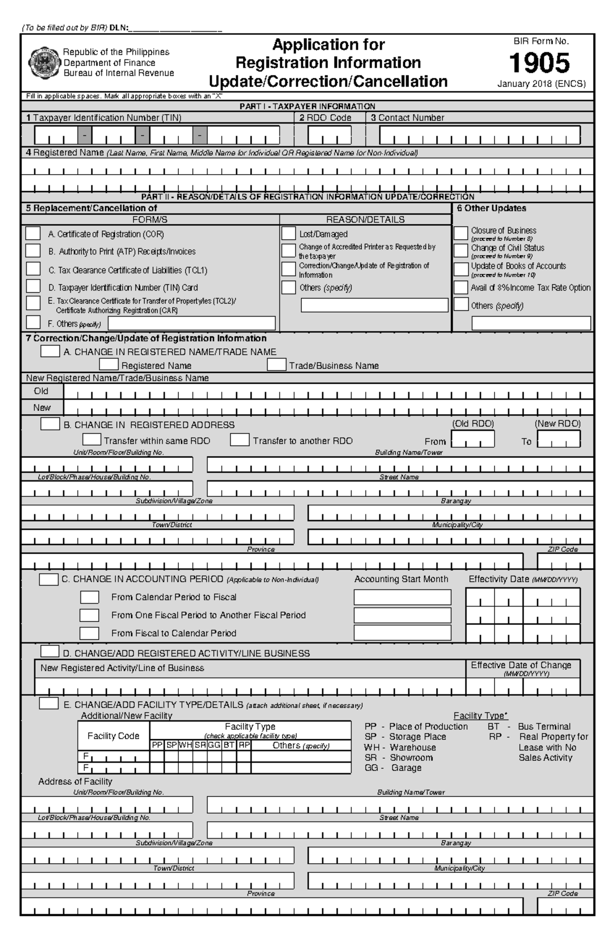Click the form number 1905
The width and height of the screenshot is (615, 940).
tap(539, 64)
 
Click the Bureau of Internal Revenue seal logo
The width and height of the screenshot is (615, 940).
tap(44, 62)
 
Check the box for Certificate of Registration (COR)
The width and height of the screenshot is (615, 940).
tap(33, 234)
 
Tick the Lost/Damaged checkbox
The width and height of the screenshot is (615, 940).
tap(289, 234)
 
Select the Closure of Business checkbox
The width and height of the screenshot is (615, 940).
tap(461, 233)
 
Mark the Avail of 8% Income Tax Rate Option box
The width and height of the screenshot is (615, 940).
tap(461, 287)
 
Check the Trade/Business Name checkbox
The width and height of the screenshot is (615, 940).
tap(276, 365)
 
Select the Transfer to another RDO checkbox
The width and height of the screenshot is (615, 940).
tap(239, 440)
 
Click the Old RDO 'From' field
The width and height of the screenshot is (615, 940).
tap(473, 440)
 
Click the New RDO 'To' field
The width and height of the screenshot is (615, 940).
tap(559, 440)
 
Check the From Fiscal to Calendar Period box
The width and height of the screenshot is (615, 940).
tap(89, 633)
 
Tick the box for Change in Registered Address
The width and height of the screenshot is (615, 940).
tap(50, 424)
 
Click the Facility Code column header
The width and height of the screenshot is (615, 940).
tap(113, 736)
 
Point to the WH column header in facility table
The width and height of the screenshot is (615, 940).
tap(185, 745)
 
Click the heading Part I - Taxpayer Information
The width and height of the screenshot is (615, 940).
tap(307, 107)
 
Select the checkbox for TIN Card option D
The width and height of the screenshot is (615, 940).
tap(33, 286)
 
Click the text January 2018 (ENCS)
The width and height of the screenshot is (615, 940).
tap(541, 84)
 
